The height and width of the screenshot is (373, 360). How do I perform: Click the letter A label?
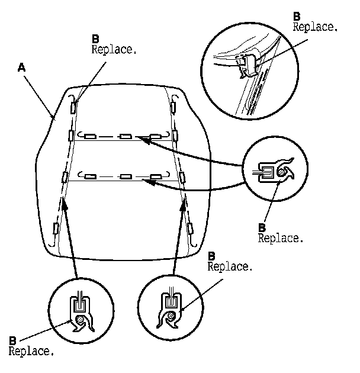click(21, 69)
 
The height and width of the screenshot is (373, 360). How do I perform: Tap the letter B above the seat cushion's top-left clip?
click(95, 38)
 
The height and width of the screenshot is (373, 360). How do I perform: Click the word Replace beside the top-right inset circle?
click(316, 27)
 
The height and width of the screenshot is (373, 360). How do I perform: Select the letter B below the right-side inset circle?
click(262, 227)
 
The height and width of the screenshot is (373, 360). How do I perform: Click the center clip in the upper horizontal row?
click(125, 137)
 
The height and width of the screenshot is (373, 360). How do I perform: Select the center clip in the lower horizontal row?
click(125, 176)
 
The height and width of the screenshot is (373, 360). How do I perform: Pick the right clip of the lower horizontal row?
click(156, 176)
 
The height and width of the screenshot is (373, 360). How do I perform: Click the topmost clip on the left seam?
click(73, 107)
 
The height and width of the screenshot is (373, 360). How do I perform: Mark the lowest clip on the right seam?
click(191, 227)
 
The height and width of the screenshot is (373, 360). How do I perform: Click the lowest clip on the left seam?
click(57, 227)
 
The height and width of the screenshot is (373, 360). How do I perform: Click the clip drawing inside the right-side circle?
click(274, 171)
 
